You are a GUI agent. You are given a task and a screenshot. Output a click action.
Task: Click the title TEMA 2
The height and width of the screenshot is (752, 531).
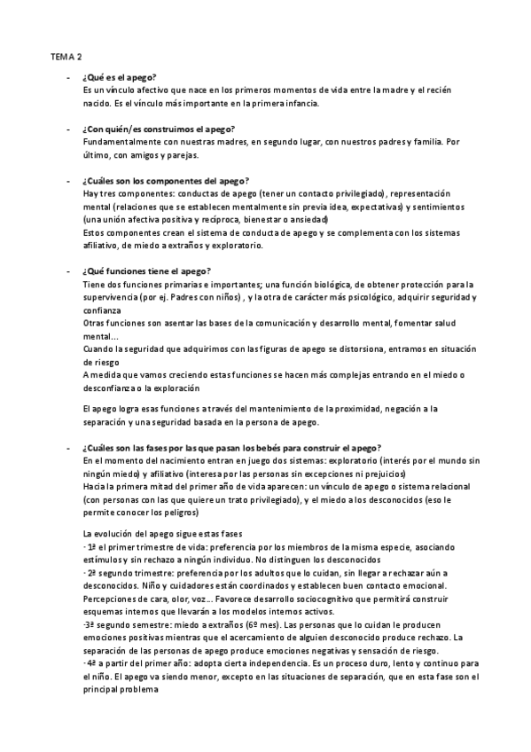[64, 54]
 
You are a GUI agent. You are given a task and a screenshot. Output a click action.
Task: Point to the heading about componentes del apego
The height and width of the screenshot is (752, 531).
[165, 180]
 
